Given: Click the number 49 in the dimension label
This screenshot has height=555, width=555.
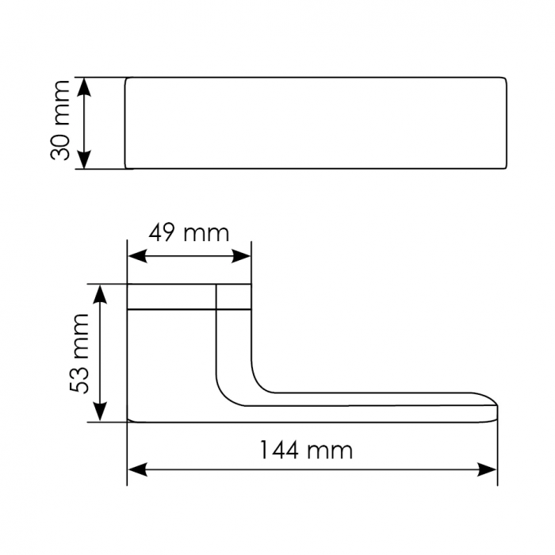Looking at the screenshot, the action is pyautogui.click(x=163, y=233).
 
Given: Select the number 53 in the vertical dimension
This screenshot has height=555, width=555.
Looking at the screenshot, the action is pyautogui.click(x=79, y=380).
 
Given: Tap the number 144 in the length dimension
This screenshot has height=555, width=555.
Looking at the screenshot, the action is pyautogui.click(x=280, y=450).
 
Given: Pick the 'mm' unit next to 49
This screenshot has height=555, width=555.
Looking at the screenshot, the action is pyautogui.click(x=206, y=235).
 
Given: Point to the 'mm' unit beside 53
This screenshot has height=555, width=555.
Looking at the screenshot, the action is pyautogui.click(x=79, y=337).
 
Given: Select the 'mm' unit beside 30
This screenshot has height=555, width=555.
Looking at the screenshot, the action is pyautogui.click(x=59, y=103).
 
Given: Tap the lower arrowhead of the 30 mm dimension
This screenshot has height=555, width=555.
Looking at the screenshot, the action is pyautogui.click(x=84, y=159).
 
